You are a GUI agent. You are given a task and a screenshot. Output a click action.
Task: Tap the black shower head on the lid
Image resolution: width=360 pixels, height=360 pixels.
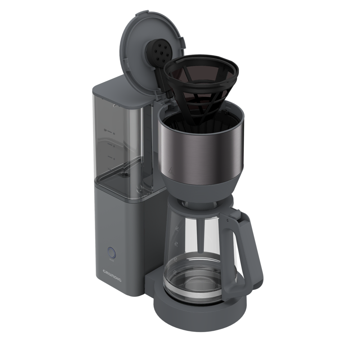pos(158,53)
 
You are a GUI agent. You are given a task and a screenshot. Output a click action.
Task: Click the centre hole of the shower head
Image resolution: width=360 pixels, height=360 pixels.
pos(159,52)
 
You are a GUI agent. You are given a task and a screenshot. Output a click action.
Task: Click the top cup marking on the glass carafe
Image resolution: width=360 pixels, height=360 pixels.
pos(177,228)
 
